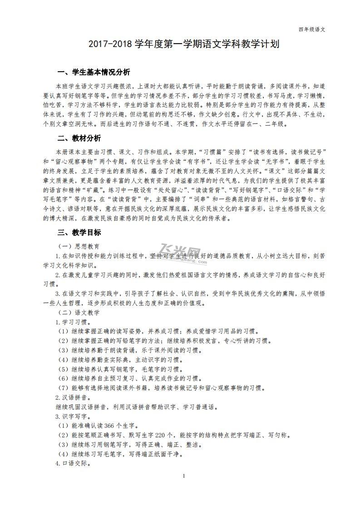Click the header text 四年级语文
[x=312, y=29]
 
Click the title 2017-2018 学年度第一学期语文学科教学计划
[x=180, y=45]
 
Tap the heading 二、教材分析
[x=79, y=138]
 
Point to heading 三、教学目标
[x=79, y=233]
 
